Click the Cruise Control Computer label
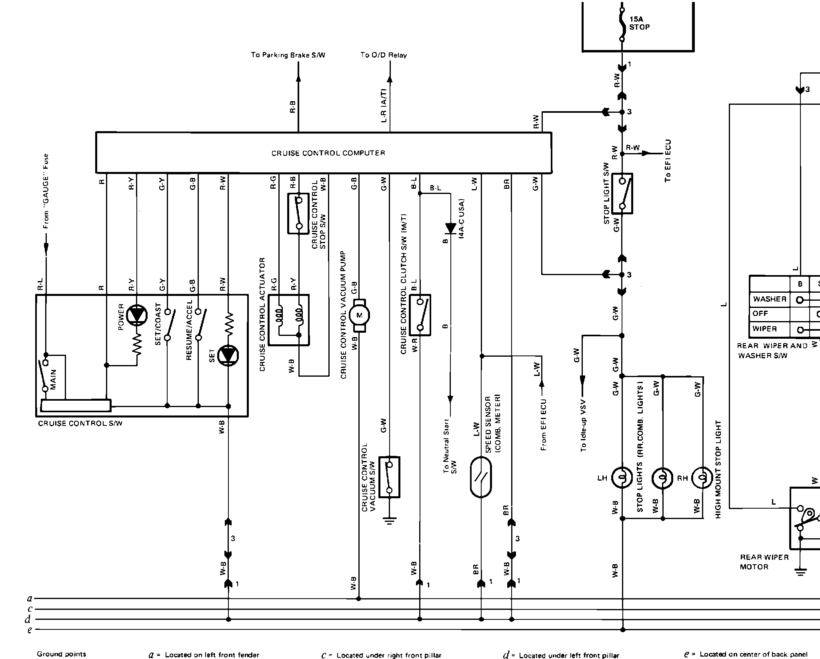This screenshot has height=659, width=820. (x=328, y=153)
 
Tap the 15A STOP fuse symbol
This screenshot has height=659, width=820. (x=622, y=24)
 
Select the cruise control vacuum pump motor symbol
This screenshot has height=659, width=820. (x=359, y=316)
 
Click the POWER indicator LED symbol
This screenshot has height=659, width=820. (x=137, y=314)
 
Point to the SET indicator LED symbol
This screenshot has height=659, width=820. (x=228, y=355)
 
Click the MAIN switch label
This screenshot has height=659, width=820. (x=54, y=379)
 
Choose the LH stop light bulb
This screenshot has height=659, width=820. (x=622, y=478)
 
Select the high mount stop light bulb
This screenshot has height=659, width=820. (x=703, y=478)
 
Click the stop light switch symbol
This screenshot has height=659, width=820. (x=622, y=194)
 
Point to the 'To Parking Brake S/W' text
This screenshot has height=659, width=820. (x=288, y=55)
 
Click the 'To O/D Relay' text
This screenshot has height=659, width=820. (x=383, y=55)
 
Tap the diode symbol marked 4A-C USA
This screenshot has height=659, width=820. (x=450, y=228)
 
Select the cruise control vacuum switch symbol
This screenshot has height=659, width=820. (x=389, y=477)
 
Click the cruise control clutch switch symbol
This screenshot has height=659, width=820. (x=420, y=315)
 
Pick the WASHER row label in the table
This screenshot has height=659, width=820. (x=769, y=299)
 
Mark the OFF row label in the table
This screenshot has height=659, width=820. (x=760, y=314)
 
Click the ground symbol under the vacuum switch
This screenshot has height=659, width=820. (x=389, y=521)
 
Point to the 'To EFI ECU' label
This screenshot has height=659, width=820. (x=668, y=161)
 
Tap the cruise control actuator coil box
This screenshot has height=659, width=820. (x=288, y=320)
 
